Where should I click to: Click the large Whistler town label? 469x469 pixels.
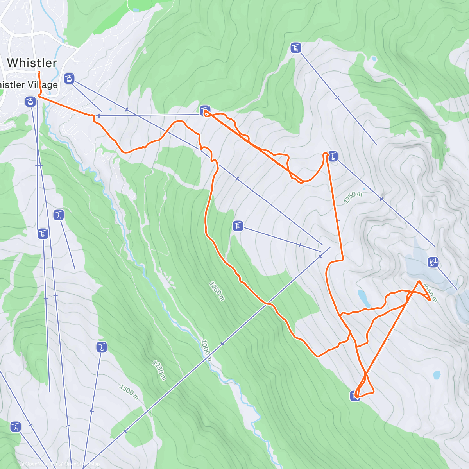point(32,63)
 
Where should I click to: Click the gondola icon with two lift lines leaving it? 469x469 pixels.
point(69,78)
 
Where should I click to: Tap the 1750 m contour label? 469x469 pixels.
point(353,198)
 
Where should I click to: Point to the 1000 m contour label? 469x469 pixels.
point(206,350)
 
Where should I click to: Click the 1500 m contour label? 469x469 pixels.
point(129,392)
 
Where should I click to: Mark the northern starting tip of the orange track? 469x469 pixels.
point(39,72)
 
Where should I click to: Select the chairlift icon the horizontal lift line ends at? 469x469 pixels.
point(205,110)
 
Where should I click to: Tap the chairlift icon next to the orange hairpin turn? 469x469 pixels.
point(333,156)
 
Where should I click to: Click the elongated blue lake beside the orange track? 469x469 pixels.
point(364,298)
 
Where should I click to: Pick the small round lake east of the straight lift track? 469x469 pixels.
point(437,375)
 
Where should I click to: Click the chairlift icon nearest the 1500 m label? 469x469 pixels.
point(102,347)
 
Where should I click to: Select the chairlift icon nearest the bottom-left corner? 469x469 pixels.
point(16,427)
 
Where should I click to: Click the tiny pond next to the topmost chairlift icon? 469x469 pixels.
point(374,59)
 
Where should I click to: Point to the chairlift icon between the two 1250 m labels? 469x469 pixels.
point(238,226)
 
